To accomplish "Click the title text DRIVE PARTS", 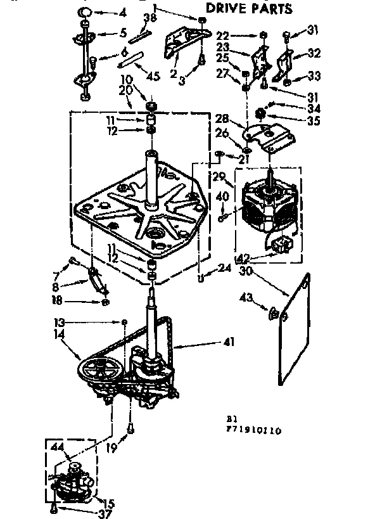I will pos(250,9).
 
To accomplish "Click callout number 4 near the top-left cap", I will pos(123,12).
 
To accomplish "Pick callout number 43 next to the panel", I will pos(245,298).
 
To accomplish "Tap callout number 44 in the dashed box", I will pos(57,447).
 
